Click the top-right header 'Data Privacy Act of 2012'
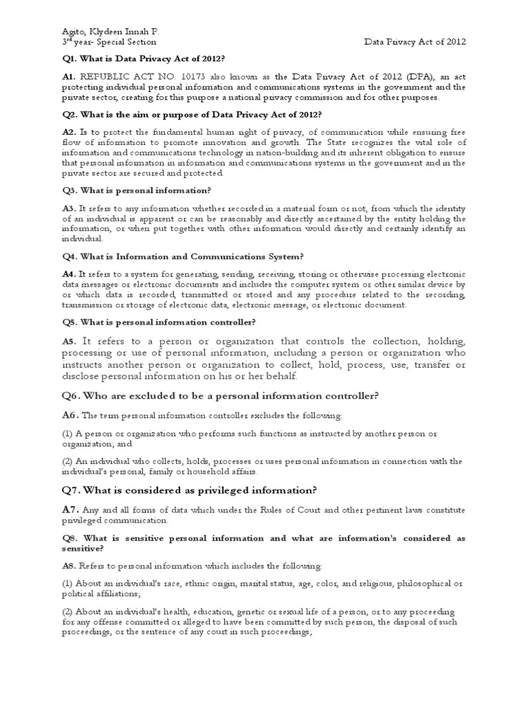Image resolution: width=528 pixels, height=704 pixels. point(415,42)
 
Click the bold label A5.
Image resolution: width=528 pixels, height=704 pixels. point(69,342)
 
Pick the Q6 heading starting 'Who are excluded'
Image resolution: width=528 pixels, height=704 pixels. point(220,395)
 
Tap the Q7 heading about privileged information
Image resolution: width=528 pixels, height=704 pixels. point(189,490)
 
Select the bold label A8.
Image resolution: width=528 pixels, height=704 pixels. point(68,566)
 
